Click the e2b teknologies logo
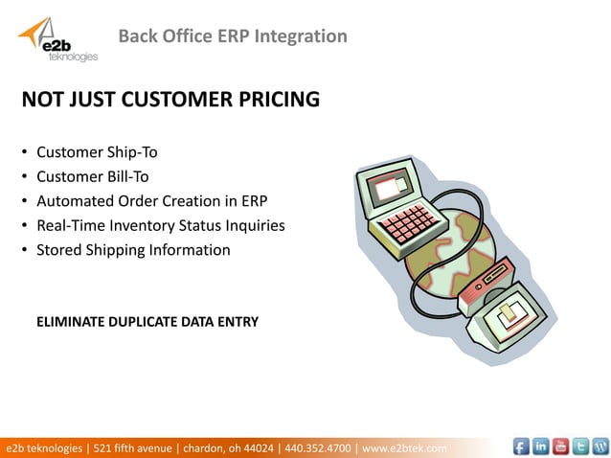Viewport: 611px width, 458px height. tap(57, 40)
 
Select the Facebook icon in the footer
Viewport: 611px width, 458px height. tap(521, 447)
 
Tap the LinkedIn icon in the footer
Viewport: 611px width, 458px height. tap(541, 447)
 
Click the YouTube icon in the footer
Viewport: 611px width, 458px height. tap(560, 447)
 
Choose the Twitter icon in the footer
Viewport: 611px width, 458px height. tap(580, 447)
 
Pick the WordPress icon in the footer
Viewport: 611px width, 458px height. tap(600, 447)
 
